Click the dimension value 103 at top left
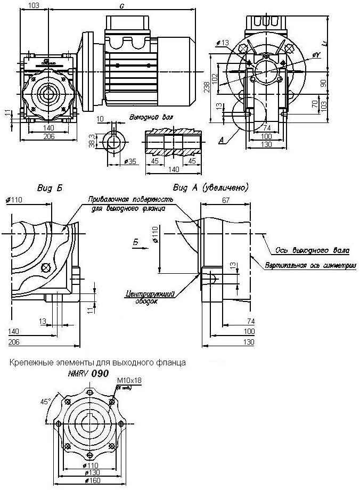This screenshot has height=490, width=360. [33, 5]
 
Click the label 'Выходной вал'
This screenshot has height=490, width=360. [146, 116]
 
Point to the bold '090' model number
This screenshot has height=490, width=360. [100, 374]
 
